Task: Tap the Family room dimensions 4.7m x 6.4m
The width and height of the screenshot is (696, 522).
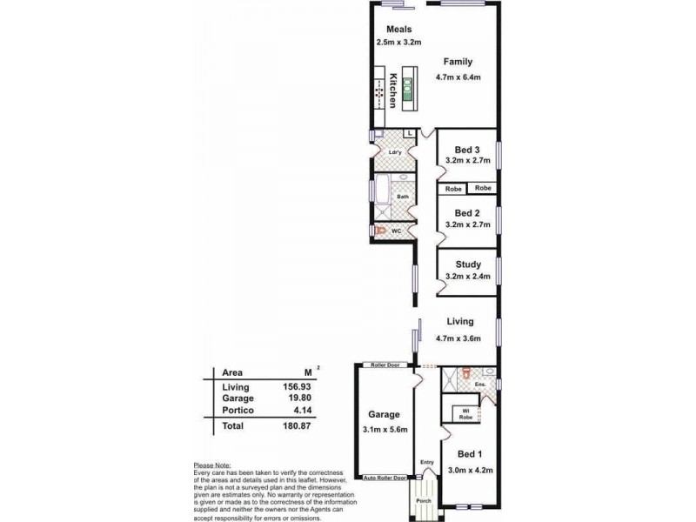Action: point(457,77)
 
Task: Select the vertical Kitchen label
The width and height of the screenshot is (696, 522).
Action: point(393,90)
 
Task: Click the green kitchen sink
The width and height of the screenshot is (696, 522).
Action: point(406,86)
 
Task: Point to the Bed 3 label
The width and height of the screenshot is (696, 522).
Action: point(467,148)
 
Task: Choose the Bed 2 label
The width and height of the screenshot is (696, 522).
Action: point(467,212)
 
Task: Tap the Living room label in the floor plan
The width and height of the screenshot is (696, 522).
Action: point(460,322)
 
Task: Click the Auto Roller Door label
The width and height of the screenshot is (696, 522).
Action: point(385,478)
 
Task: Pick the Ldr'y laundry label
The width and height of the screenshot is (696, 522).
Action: point(394,152)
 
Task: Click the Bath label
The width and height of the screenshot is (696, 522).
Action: point(403,197)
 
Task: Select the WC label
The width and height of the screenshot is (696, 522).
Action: point(396,231)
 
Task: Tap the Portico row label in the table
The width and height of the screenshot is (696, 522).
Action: point(237,411)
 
